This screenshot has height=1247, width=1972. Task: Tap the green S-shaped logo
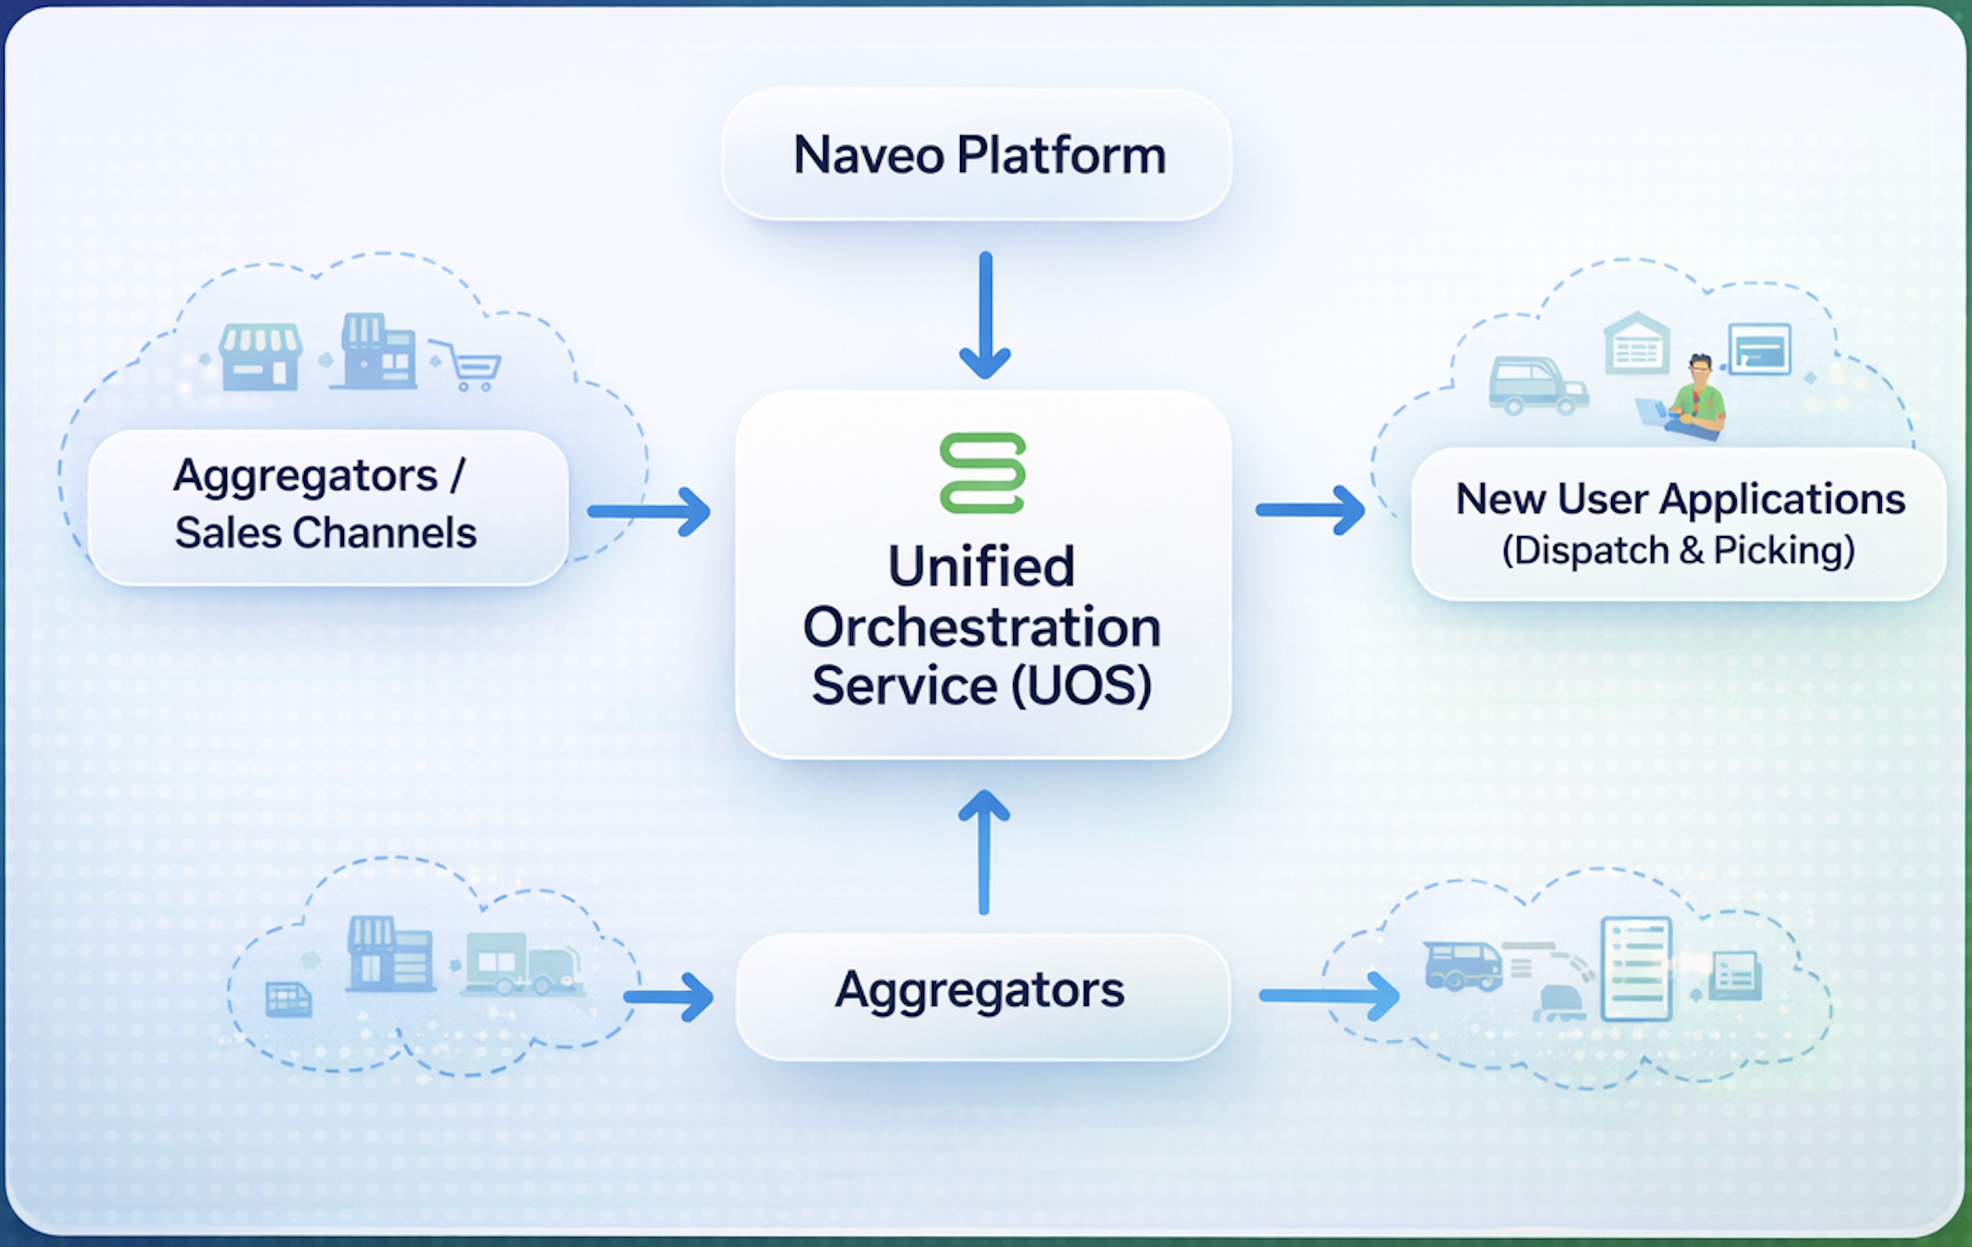click(x=982, y=473)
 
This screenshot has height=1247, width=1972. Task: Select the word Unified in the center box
click(x=981, y=566)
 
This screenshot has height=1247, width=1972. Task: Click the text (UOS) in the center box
click(x=1081, y=686)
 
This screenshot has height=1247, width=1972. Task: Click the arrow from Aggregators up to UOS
click(x=984, y=851)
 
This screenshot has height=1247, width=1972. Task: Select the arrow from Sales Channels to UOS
click(x=649, y=511)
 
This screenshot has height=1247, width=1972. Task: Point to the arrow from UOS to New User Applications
click(x=1310, y=509)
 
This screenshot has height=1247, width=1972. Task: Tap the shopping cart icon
click(x=470, y=365)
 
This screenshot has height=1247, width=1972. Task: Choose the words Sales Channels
click(x=326, y=533)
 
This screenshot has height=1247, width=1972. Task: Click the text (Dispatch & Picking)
click(x=1678, y=550)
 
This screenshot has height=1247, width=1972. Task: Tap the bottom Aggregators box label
click(x=979, y=989)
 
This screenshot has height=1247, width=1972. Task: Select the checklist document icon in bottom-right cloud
click(x=1636, y=968)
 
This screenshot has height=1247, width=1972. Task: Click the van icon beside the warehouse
click(x=1536, y=385)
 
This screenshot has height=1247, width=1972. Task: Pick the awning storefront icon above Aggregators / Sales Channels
click(x=260, y=356)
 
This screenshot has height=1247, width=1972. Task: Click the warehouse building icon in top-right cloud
click(x=1637, y=343)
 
